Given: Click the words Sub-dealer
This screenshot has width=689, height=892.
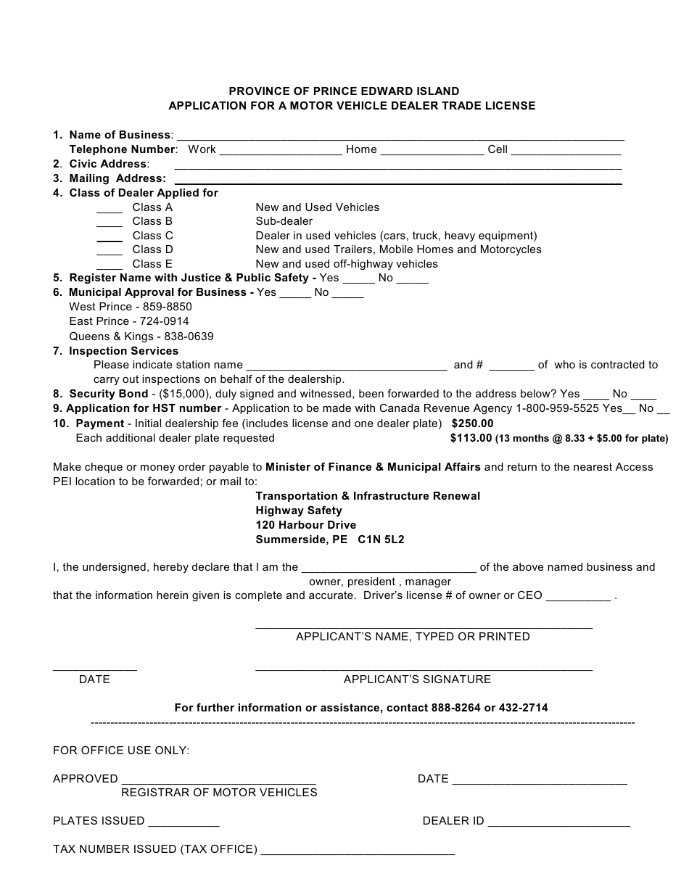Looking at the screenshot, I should pyautogui.click(x=284, y=221).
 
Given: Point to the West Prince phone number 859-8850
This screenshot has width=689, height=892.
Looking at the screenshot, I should pyautogui.click(x=168, y=307).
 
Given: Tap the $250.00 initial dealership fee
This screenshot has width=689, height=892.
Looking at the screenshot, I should pyautogui.click(x=472, y=424).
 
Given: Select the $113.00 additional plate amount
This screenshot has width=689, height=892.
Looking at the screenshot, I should pyautogui.click(x=471, y=438).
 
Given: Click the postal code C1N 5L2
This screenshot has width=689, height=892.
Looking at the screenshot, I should pyautogui.click(x=381, y=540).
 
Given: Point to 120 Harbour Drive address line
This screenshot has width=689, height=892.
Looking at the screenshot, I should pyautogui.click(x=305, y=525).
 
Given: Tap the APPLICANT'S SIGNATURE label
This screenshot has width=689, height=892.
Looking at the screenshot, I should pyautogui.click(x=417, y=680).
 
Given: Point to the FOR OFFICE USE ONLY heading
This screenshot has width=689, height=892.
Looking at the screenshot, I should pyautogui.click(x=121, y=751).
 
